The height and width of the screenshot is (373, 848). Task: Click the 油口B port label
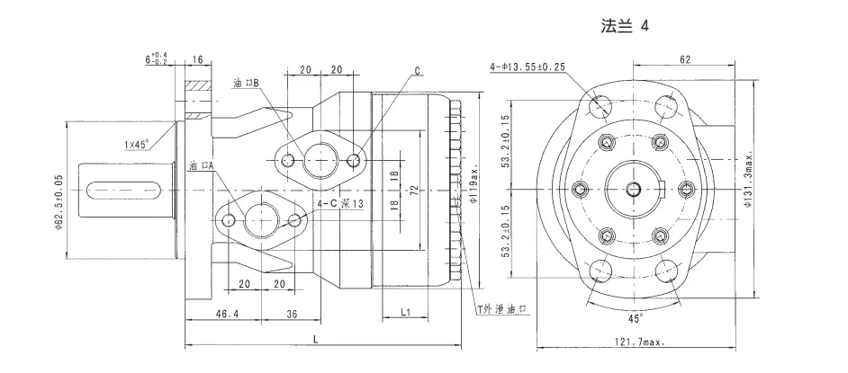[x=245, y=83]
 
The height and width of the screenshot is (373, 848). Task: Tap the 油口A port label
[x=202, y=166]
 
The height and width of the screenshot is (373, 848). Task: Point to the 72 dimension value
[x=415, y=191]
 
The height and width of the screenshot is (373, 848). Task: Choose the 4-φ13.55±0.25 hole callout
[x=528, y=67]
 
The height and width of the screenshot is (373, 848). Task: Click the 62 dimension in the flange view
[x=685, y=59]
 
